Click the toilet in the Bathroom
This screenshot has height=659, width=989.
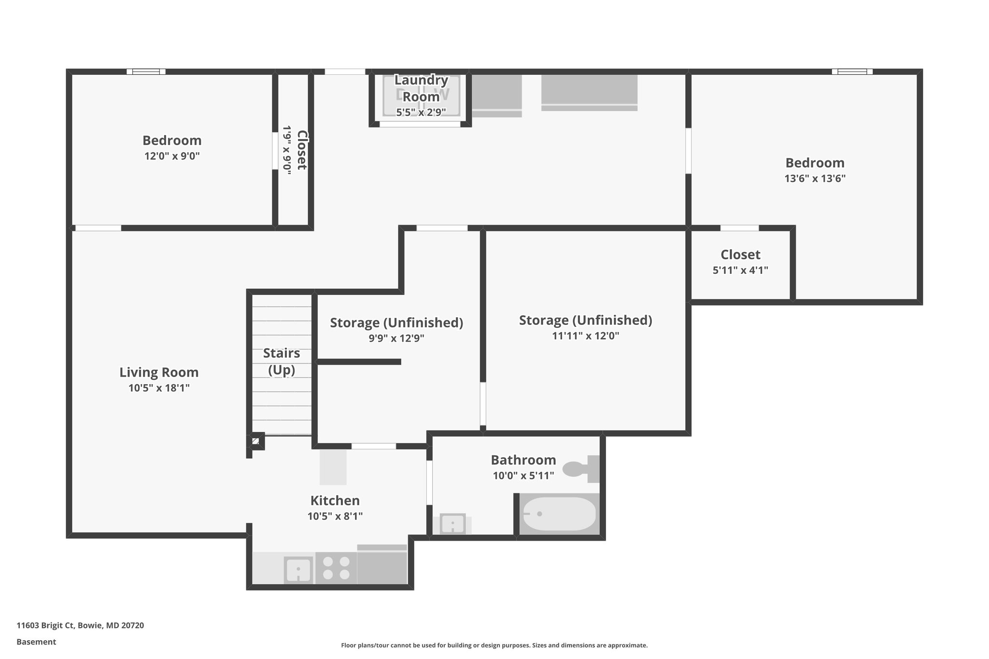tap(579, 469)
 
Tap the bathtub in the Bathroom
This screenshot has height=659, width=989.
tap(559, 514)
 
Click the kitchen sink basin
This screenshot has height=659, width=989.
tap(298, 570)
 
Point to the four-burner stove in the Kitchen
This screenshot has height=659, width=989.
tap(336, 568)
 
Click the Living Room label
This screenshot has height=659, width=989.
tap(159, 372)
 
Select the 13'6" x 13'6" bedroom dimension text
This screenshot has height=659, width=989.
tap(815, 179)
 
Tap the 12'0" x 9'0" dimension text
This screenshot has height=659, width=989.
tap(172, 156)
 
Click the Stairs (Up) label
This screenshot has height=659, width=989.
tap(282, 361)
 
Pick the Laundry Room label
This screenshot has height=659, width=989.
tap(421, 88)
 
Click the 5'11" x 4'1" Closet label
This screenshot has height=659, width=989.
tap(740, 254)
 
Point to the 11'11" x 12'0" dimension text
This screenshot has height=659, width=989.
tap(585, 336)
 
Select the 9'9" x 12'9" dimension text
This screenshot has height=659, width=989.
tap(396, 338)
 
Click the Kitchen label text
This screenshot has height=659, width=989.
tap(335, 501)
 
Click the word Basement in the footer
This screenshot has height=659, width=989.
tap(36, 642)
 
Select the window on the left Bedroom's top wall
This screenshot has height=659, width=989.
tap(146, 71)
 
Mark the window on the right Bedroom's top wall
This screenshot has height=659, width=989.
tap(852, 71)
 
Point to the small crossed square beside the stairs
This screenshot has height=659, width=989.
tap(255, 441)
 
